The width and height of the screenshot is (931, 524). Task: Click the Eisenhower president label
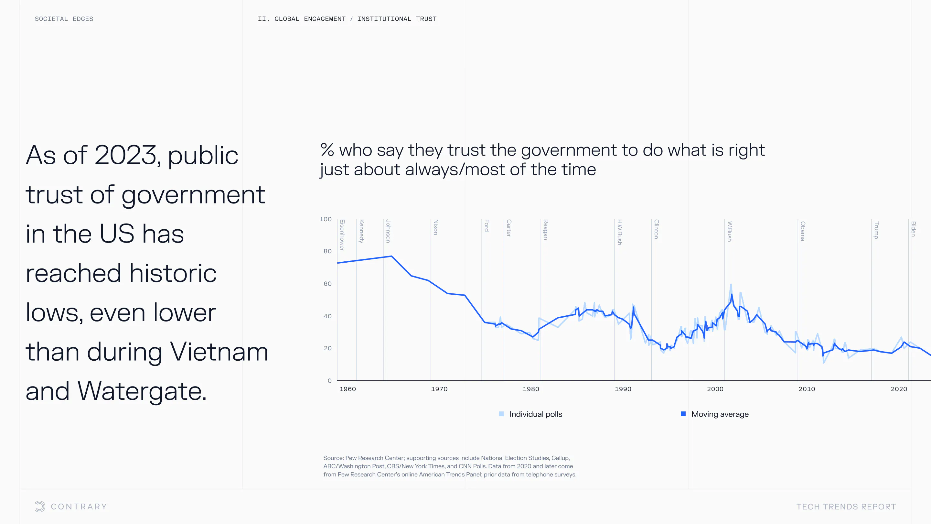pos(342,235)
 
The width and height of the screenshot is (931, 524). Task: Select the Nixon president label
pos(435,227)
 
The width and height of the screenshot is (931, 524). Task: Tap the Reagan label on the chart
pos(546,230)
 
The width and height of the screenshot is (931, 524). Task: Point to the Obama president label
pos(803,231)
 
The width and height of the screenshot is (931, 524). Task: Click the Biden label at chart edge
pos(913,229)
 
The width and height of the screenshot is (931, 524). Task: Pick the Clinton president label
pos(656,229)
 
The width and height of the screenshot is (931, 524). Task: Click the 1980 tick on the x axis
pos(530,389)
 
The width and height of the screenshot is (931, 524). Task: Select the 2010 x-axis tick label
pos(807,389)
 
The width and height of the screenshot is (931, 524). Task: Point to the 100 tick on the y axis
pos(325,219)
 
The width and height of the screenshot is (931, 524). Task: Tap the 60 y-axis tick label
pos(327,284)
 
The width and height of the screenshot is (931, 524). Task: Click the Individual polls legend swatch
pos(501,414)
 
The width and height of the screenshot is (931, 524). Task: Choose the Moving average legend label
pos(720,414)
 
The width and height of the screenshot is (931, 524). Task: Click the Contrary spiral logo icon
pos(40,506)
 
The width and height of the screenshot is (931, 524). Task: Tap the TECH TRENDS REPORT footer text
pos(846,507)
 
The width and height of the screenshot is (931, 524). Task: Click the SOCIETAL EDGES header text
pos(64,19)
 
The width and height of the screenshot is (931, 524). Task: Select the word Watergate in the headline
pos(142,392)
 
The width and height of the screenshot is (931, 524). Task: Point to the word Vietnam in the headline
pos(219,352)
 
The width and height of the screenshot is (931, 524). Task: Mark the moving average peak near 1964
pos(391,256)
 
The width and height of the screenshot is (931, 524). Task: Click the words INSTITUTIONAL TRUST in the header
pos(397,19)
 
